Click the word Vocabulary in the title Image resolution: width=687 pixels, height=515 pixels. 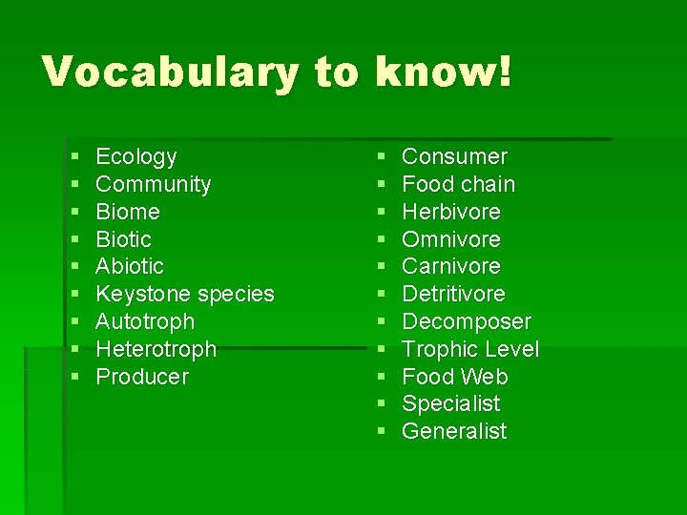pyautogui.click(x=170, y=72)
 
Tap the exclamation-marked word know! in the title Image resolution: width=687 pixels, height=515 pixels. pyautogui.click(x=444, y=72)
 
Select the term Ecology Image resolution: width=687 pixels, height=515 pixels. pyautogui.click(x=136, y=156)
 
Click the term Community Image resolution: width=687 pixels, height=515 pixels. pyautogui.click(x=154, y=184)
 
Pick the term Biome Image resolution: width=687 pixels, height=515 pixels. pyautogui.click(x=128, y=212)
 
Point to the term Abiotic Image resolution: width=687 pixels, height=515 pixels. pyautogui.click(x=130, y=266)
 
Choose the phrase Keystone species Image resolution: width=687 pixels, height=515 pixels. pyautogui.click(x=185, y=294)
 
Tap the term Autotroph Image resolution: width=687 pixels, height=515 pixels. pyautogui.click(x=145, y=321)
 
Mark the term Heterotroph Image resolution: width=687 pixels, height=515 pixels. pyautogui.click(x=156, y=349)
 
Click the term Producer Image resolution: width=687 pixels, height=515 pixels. pyautogui.click(x=142, y=377)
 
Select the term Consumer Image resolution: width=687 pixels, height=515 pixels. pyautogui.click(x=454, y=156)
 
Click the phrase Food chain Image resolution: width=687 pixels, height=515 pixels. pyautogui.click(x=458, y=184)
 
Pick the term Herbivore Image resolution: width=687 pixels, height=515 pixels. pyautogui.click(x=450, y=212)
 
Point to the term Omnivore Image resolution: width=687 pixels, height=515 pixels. pyautogui.click(x=450, y=239)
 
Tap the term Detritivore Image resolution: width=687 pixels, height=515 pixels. pyautogui.click(x=453, y=294)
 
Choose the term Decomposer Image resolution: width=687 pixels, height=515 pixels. pyautogui.click(x=466, y=321)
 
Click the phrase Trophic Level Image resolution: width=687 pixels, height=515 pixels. pyautogui.click(x=470, y=349)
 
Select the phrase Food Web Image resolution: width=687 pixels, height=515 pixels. pyautogui.click(x=454, y=377)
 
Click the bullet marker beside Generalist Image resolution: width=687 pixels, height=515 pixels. pyautogui.click(x=381, y=432)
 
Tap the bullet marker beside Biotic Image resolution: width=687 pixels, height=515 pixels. pyautogui.click(x=75, y=239)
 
